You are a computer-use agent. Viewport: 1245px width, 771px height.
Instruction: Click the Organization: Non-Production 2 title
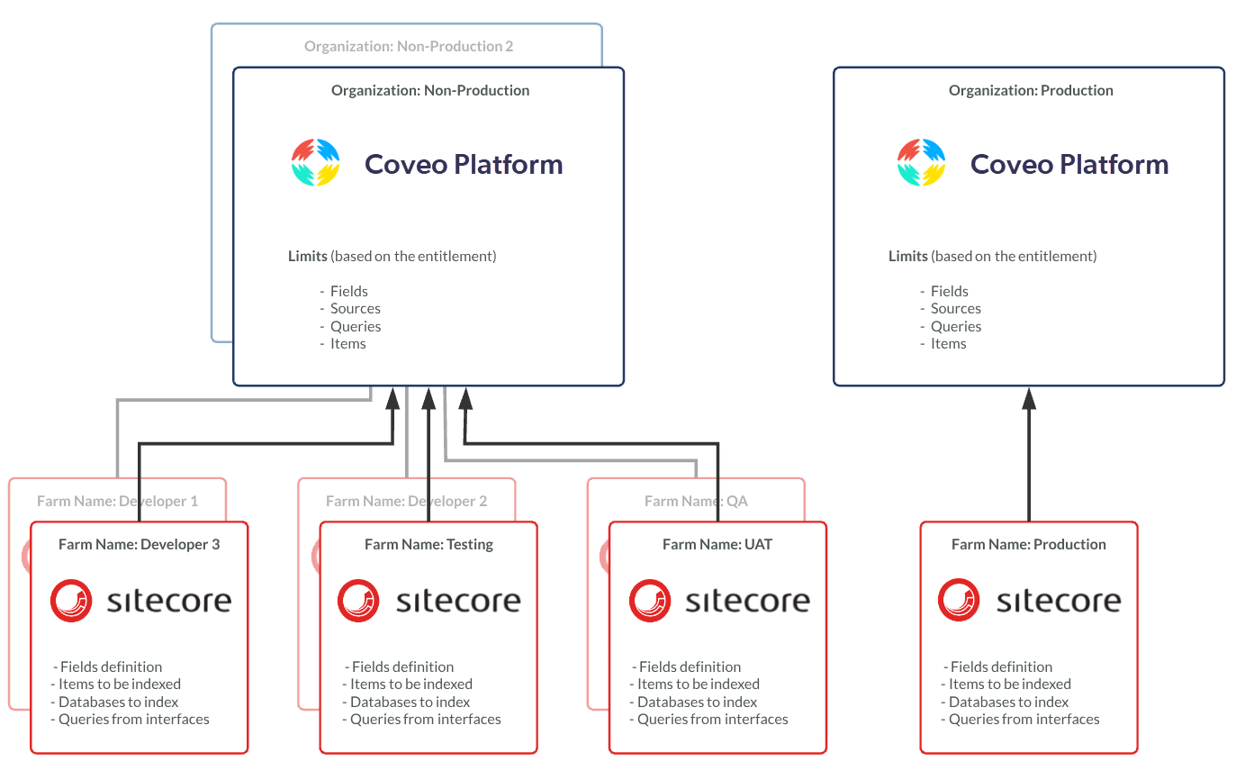pos(409,46)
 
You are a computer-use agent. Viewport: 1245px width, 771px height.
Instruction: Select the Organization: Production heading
pos(1031,90)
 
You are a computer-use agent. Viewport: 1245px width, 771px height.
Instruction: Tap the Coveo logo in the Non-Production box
pos(316,162)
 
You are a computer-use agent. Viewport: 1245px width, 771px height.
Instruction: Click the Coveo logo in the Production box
pos(922,162)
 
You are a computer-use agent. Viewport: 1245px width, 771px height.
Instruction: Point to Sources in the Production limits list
pos(955,308)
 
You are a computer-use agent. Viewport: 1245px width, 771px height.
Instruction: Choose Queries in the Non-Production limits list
pos(356,326)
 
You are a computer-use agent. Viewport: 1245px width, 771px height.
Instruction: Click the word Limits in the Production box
pos(907,256)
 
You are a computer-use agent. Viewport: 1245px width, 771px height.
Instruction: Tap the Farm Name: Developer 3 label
pos(139,544)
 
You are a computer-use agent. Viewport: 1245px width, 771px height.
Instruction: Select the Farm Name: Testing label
pos(429,544)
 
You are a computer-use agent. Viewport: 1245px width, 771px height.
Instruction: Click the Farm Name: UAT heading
pos(717,544)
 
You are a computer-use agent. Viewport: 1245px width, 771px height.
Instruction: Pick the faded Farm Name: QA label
pos(696,501)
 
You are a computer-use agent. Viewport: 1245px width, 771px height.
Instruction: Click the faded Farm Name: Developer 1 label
pos(117,501)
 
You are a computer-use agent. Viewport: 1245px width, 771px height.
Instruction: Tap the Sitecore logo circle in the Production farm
pos(959,600)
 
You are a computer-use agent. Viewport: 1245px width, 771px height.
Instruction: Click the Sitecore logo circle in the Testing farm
pos(358,600)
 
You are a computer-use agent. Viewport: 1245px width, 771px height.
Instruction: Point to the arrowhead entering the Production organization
pos(1029,398)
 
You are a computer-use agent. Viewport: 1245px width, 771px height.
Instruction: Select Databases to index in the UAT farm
pos(697,702)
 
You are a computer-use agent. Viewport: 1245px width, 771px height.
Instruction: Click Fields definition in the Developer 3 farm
pos(111,667)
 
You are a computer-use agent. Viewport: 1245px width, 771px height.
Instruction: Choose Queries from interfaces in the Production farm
pos(1024,720)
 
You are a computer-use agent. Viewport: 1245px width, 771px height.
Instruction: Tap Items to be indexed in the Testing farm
pos(411,685)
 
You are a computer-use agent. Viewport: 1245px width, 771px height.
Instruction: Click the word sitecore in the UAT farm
pos(747,601)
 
